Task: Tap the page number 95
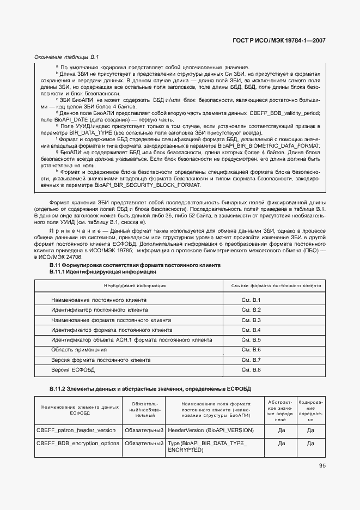(x=322, y=465)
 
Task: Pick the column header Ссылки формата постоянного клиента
(x=276, y=286)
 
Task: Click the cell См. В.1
(x=251, y=300)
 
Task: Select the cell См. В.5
(x=251, y=339)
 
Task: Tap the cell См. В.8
(x=251, y=370)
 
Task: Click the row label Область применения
(x=71, y=349)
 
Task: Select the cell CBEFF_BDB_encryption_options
(x=77, y=444)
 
